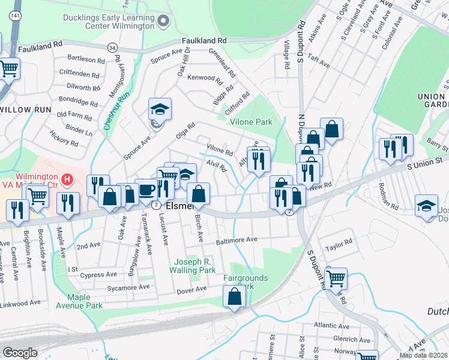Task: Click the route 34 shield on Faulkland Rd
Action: pyautogui.click(x=112, y=47)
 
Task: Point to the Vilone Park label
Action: pyautogui.click(x=251, y=122)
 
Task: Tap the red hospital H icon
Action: pyautogui.click(x=68, y=179)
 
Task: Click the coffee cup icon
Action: pyautogui.click(x=147, y=190)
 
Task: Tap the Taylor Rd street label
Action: pyautogui.click(x=338, y=245)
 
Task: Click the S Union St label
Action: pyautogui.click(x=424, y=160)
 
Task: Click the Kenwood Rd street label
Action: pyautogui.click(x=205, y=78)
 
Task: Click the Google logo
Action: pyautogui.click(x=20, y=353)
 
